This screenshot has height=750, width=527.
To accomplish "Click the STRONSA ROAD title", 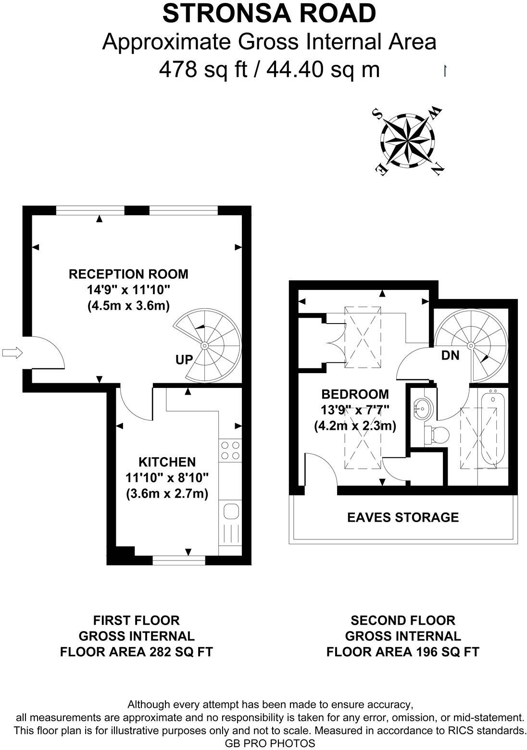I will pyautogui.click(x=269, y=13).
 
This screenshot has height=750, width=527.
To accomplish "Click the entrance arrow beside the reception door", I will pyautogui.click(x=13, y=353).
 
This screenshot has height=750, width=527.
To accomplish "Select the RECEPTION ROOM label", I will pyautogui.click(x=128, y=274).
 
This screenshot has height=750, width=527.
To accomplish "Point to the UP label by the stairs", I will pyautogui.click(x=184, y=359).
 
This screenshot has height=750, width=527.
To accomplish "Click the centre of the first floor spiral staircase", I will pyautogui.click(x=205, y=345).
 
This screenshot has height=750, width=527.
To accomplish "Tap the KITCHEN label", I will pyautogui.click(x=167, y=462).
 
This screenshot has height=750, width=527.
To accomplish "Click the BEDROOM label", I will pyautogui.click(x=355, y=394).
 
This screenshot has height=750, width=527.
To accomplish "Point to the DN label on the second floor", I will pyautogui.click(x=450, y=356).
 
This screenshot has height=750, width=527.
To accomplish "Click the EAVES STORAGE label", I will pyautogui.click(x=402, y=517).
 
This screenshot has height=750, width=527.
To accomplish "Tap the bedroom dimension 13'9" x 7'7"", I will pyautogui.click(x=355, y=410).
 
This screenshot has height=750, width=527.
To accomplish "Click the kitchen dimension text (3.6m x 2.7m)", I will pyautogui.click(x=167, y=494).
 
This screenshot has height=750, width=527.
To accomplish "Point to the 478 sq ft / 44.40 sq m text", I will pyautogui.click(x=269, y=70).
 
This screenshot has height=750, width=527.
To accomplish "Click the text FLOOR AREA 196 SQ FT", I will pyautogui.click(x=402, y=652).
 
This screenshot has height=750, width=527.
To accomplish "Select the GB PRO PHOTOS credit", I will pyautogui.click(x=269, y=743).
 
